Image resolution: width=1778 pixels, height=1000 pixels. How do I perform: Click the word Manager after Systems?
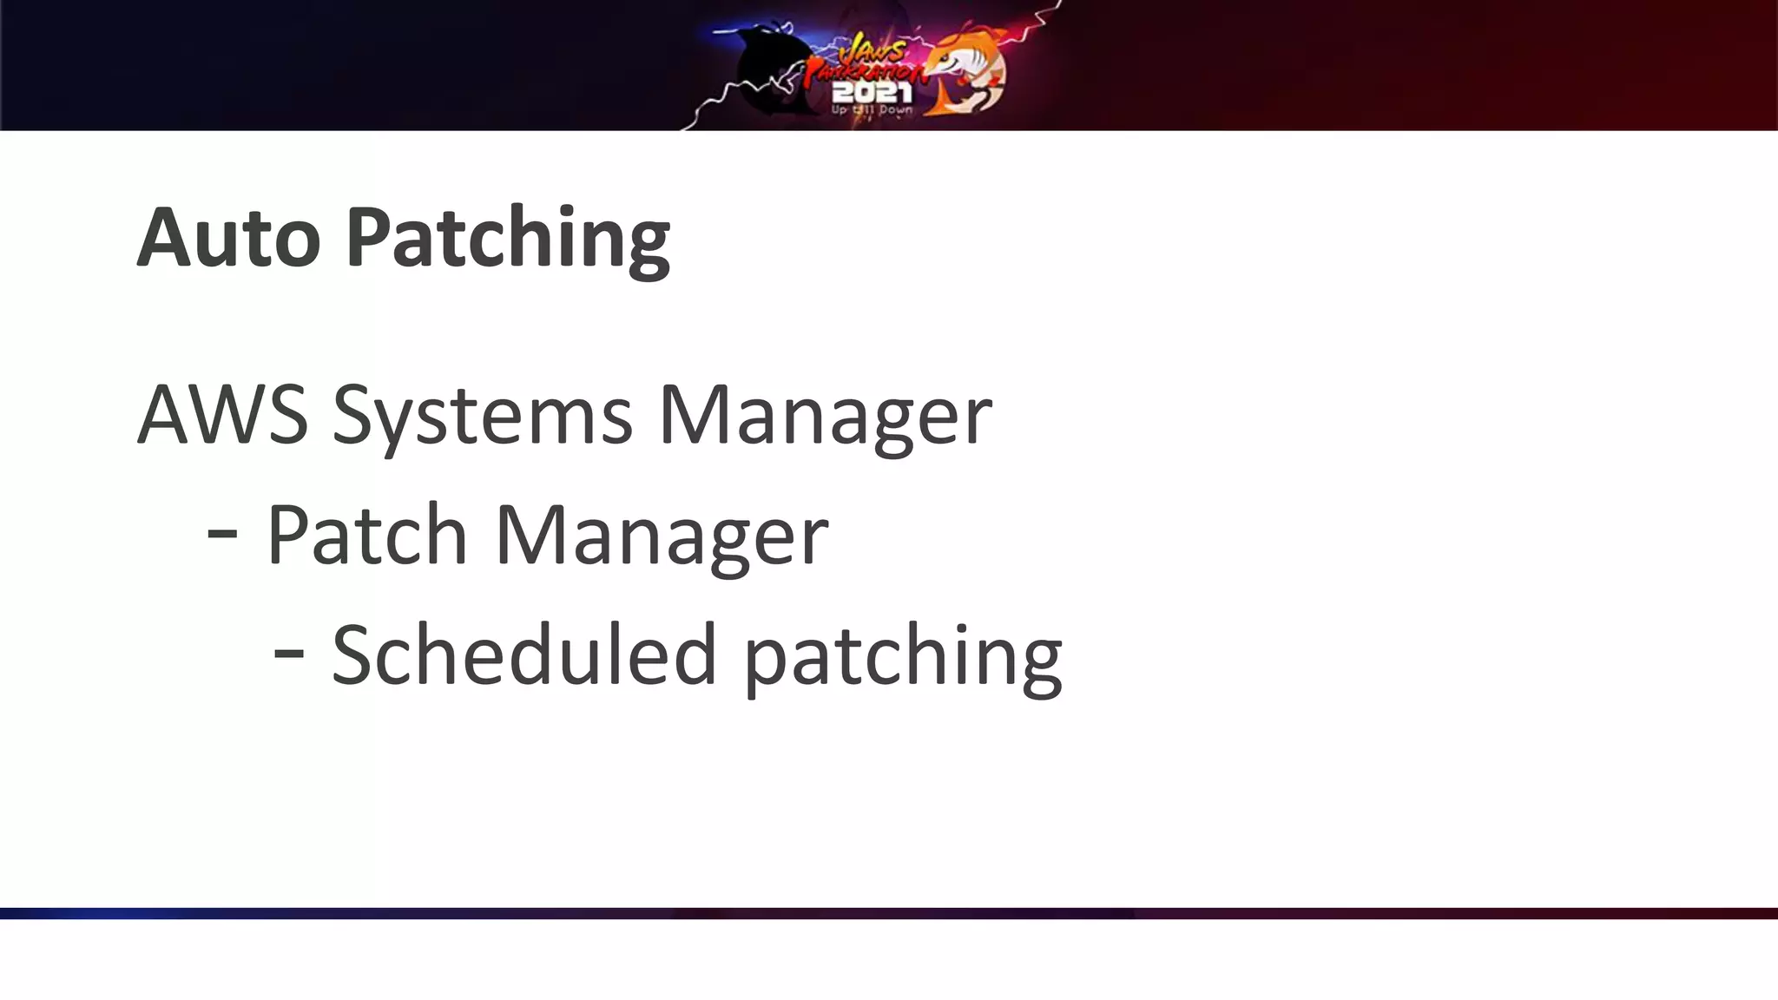click(x=825, y=417)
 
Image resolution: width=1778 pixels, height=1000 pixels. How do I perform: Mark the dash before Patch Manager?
click(x=222, y=534)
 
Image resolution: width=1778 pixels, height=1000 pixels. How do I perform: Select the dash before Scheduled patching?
click(x=288, y=654)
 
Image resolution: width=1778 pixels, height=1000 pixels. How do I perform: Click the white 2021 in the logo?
click(x=872, y=92)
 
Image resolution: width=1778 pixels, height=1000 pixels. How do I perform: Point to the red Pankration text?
click(x=863, y=72)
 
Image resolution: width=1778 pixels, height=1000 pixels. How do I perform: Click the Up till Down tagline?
click(x=872, y=110)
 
